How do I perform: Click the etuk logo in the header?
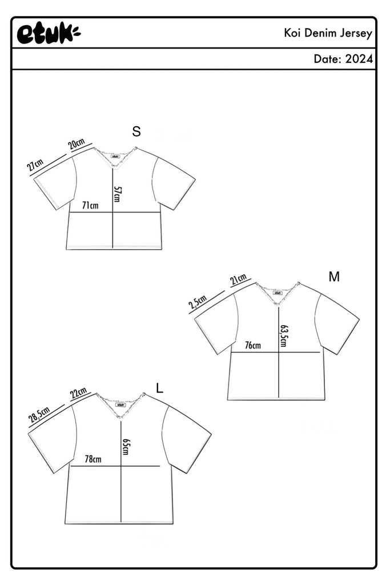coord(49,34)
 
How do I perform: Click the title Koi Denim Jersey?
coord(328,33)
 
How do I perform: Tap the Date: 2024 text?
coord(343,59)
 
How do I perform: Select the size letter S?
coord(136,131)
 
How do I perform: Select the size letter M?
coord(334,277)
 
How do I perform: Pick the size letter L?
coord(160,388)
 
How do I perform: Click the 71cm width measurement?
coord(90,205)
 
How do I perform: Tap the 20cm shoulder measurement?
coord(77,143)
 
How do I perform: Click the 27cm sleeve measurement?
coord(35,164)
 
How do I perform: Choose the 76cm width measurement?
coord(253,345)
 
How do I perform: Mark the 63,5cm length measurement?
coord(283,336)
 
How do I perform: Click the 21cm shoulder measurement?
coord(239,279)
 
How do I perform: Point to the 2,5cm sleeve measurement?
coord(198,302)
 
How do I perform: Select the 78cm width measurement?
coord(93,459)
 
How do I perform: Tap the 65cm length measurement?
coord(125,447)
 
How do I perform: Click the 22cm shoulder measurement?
coord(79,393)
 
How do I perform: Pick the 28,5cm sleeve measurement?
coord(39,415)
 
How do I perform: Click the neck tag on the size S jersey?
coord(115,157)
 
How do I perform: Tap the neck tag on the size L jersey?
coord(120,404)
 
